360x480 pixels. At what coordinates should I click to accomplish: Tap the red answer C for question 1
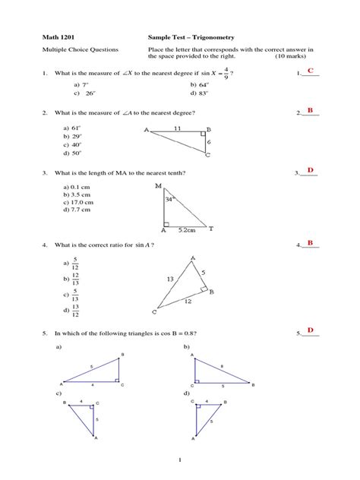tap(310, 71)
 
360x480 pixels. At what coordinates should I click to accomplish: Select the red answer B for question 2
tap(310, 112)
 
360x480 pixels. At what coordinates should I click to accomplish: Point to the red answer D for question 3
tap(310, 170)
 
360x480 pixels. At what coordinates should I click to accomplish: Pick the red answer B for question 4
tap(310, 242)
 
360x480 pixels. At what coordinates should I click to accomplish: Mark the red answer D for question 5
tap(310, 330)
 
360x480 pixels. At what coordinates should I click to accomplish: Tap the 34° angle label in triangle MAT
tap(170, 199)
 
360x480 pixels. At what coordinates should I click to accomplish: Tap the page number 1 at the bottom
tap(180, 459)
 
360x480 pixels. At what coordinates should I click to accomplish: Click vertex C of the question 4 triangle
tap(155, 312)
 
